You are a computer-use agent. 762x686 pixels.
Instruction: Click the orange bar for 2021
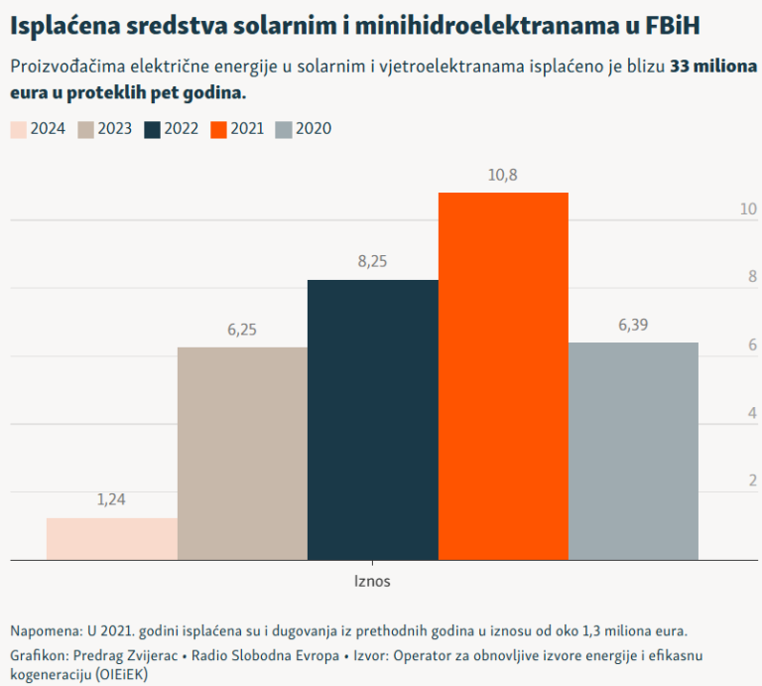tap(503, 376)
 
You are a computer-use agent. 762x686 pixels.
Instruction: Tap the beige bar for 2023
tap(242, 454)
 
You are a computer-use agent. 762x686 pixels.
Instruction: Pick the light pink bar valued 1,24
tap(111, 539)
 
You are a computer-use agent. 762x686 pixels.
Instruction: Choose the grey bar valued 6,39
tap(633, 451)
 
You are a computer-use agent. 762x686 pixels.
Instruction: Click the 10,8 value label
tap(503, 175)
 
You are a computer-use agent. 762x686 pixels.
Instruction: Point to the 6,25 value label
tap(242, 330)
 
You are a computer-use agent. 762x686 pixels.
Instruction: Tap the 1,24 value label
tap(111, 500)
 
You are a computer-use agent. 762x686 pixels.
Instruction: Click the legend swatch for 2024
tap(18, 129)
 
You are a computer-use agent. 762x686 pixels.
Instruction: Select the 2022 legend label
tap(182, 129)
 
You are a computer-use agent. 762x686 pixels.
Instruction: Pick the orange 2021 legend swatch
tap(219, 129)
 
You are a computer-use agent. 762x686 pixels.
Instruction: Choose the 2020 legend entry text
tap(314, 129)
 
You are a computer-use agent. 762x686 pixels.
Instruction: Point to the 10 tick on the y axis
tap(748, 209)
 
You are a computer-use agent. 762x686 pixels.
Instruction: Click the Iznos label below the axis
tap(372, 582)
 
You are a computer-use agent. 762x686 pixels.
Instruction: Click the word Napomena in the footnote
tap(46, 631)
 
